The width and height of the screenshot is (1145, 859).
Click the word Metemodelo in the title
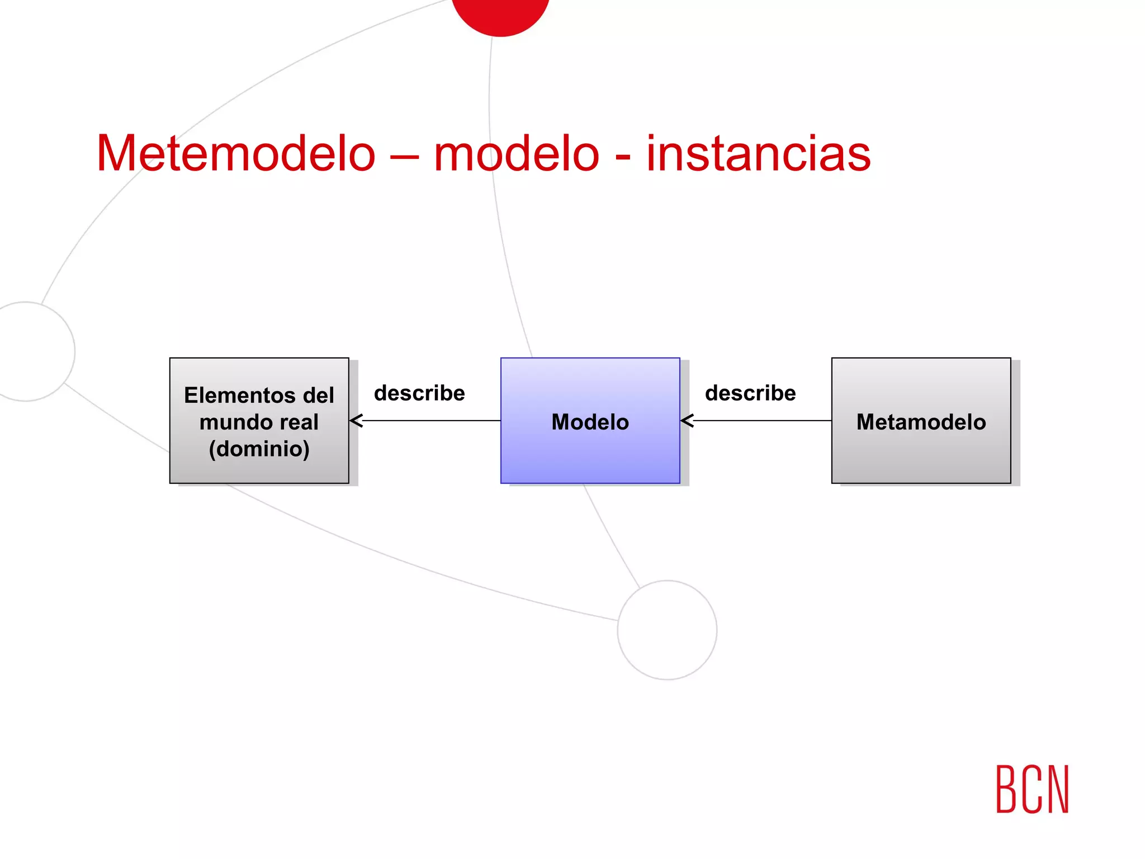235,153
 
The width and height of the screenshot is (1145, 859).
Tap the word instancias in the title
758,153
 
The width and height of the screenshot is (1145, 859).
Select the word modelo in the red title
516,153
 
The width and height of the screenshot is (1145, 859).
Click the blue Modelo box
590,421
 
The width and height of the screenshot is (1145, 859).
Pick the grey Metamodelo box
921,421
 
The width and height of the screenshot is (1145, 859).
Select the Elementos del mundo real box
259,421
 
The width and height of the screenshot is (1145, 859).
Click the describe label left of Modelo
419,393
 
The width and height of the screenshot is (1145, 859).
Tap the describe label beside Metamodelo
750,393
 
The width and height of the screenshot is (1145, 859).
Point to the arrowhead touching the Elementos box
357,421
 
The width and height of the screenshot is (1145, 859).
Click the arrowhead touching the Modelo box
688,421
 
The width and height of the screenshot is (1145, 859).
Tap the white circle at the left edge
28,351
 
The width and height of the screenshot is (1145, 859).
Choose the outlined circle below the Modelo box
667,630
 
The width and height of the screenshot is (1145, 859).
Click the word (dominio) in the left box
259,449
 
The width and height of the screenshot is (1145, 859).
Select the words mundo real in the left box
259,422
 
